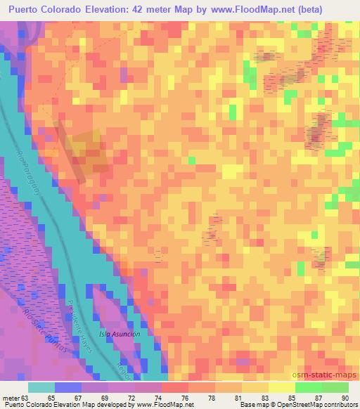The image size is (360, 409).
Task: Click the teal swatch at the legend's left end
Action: pyautogui.click(x=41, y=387)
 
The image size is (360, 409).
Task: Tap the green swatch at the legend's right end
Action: pyautogui.click(x=335, y=387)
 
